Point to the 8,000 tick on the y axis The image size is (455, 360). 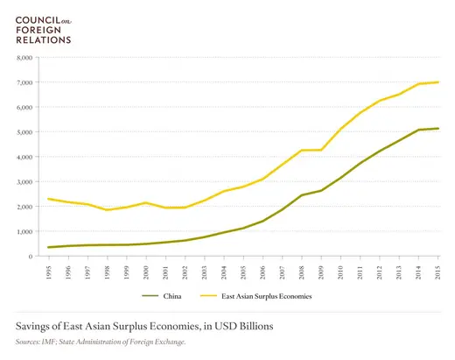click(24, 58)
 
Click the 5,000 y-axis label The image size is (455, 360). click(24, 132)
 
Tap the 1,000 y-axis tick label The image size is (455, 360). click(24, 232)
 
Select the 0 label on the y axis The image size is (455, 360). click(30, 257)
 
